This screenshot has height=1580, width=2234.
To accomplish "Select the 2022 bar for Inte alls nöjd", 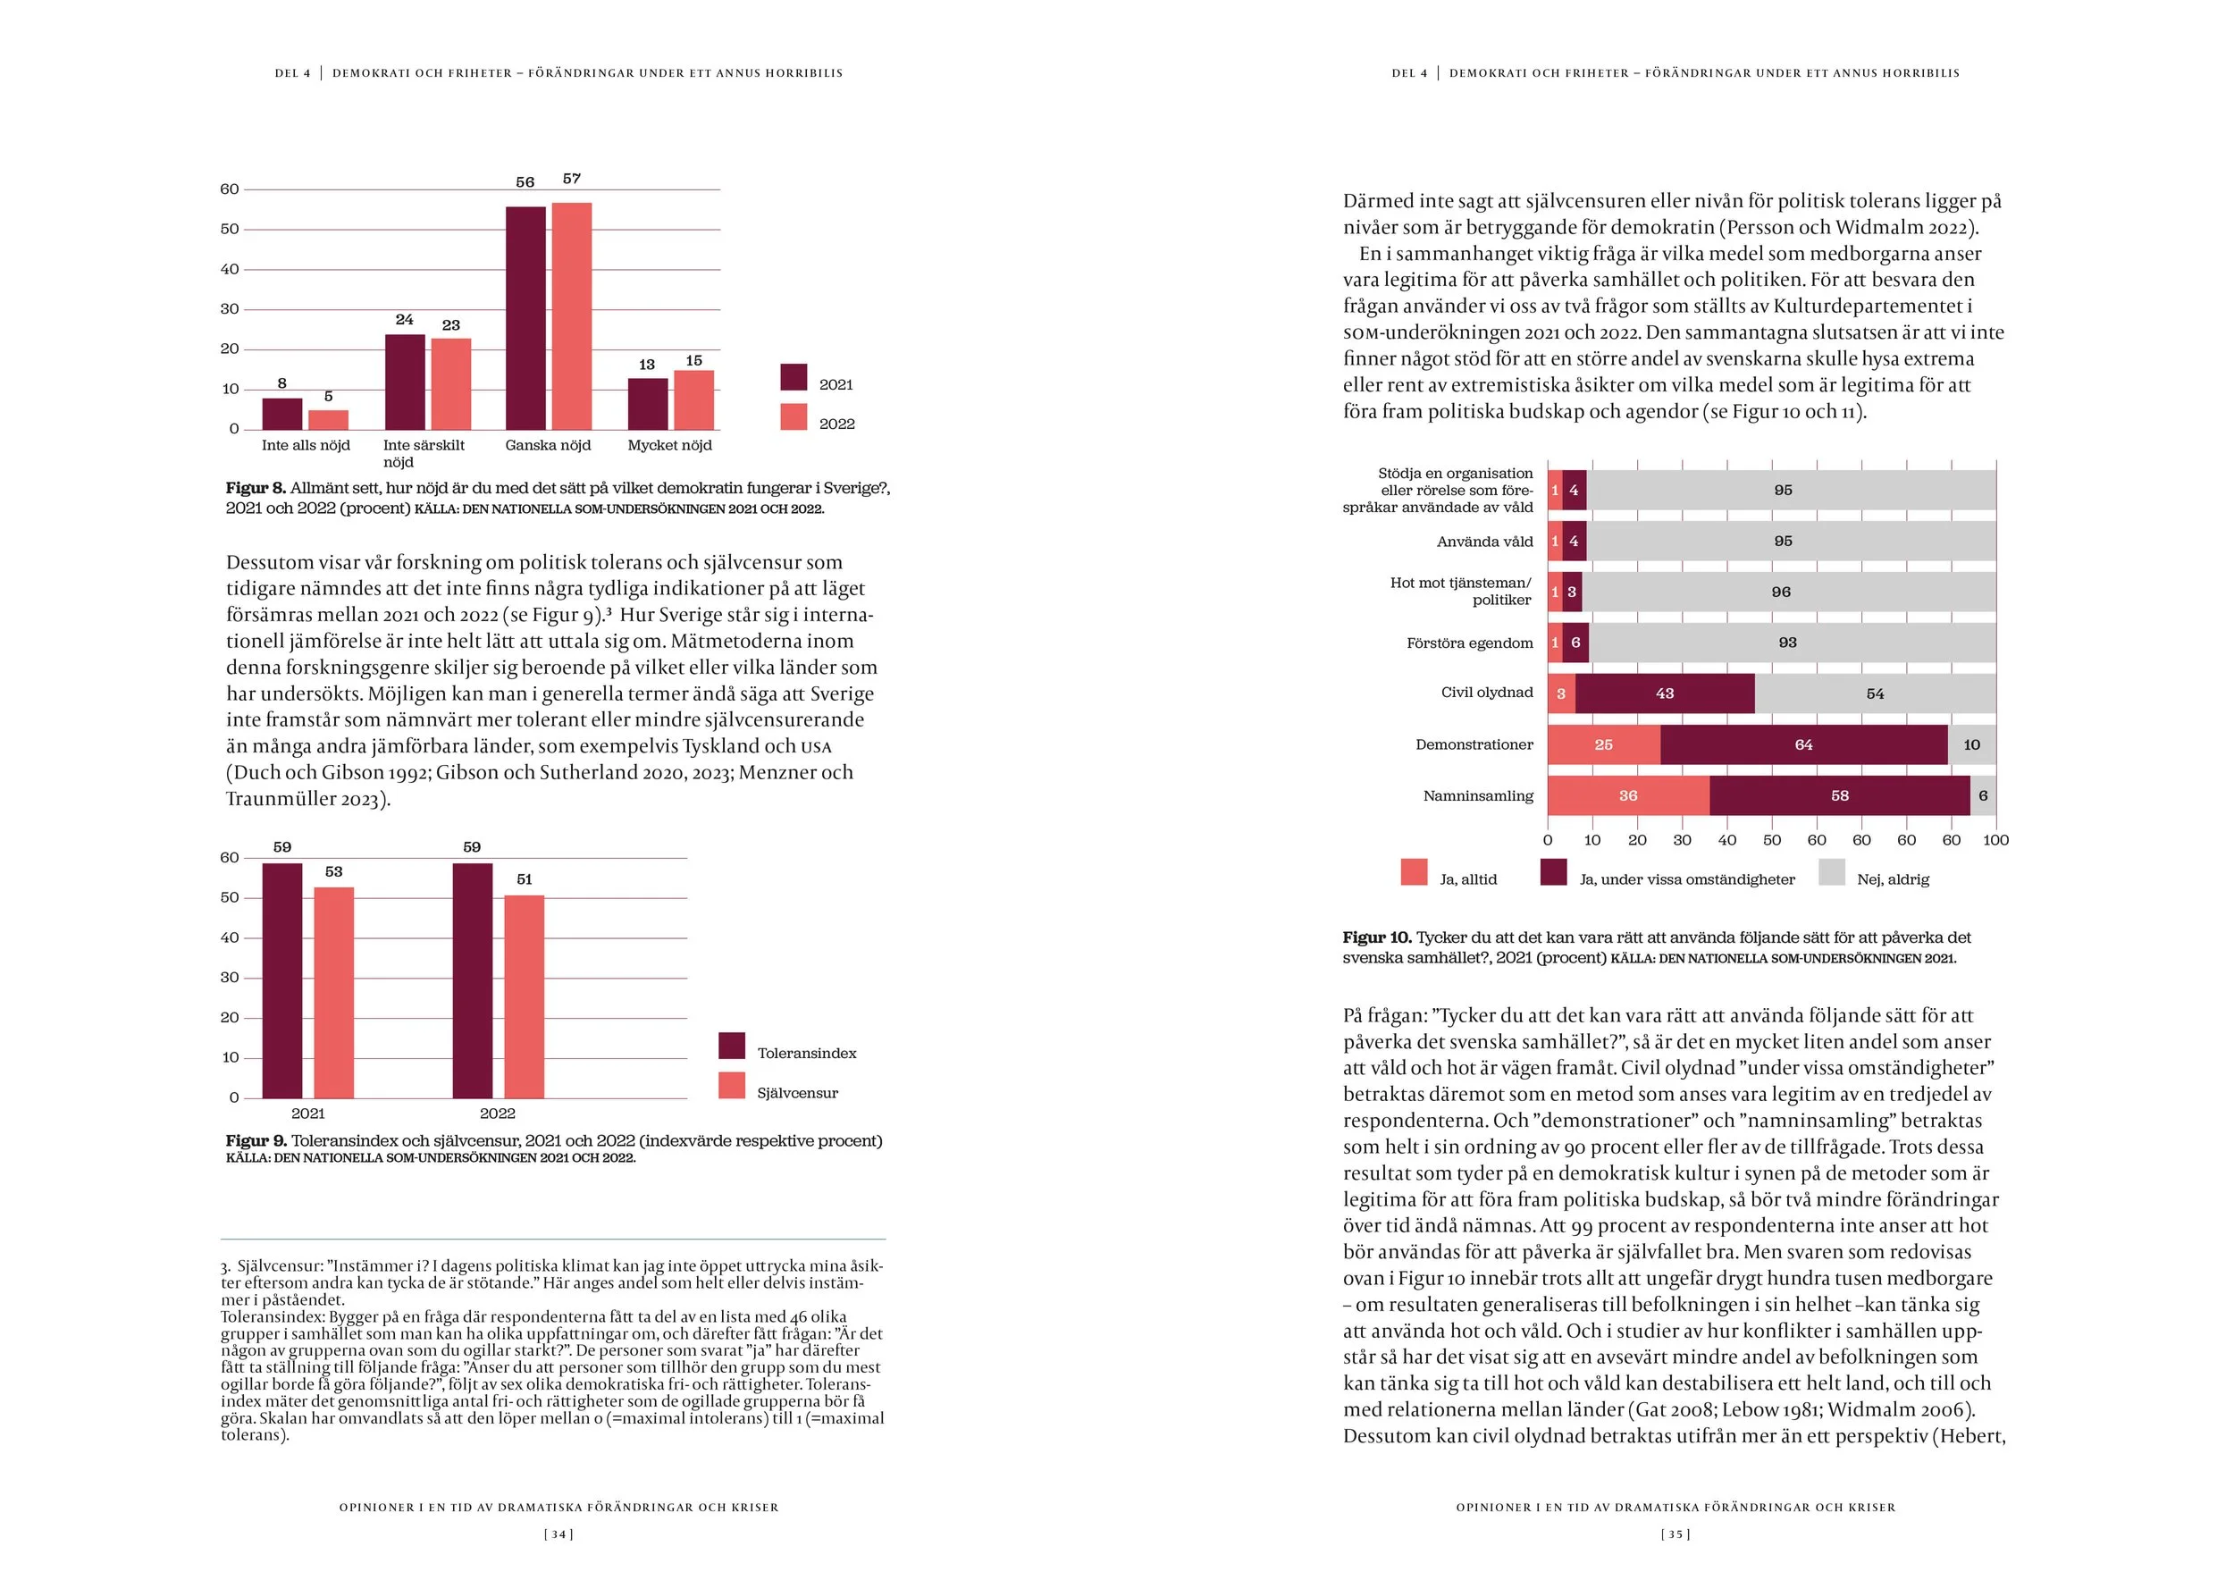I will [x=328, y=419].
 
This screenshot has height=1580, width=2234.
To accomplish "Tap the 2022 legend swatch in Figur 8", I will [x=794, y=417].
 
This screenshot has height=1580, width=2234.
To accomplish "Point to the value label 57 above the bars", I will [x=572, y=179].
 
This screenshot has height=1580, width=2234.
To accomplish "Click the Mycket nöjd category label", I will [x=669, y=446].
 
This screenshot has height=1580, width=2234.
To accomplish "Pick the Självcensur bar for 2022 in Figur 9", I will [x=524, y=996].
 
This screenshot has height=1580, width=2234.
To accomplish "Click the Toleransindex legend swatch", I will [x=732, y=1046].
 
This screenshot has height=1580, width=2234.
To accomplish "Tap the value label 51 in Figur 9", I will [x=525, y=879].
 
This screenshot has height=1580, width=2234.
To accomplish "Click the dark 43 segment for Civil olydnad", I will [x=1665, y=693].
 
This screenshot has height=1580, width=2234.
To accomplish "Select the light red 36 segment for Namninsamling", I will [x=1628, y=796].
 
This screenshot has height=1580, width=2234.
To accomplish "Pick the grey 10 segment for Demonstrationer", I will [x=1971, y=745].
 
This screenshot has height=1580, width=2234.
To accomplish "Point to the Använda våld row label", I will [x=1485, y=542].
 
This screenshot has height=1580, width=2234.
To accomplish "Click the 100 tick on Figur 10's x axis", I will [x=1995, y=841].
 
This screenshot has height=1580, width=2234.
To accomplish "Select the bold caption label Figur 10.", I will [x=1377, y=937].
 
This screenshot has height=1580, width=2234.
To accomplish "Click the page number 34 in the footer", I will [x=558, y=1534].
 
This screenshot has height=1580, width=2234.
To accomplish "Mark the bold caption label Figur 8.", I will [x=256, y=489].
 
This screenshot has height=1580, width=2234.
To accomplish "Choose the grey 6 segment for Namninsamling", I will [x=1983, y=796].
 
